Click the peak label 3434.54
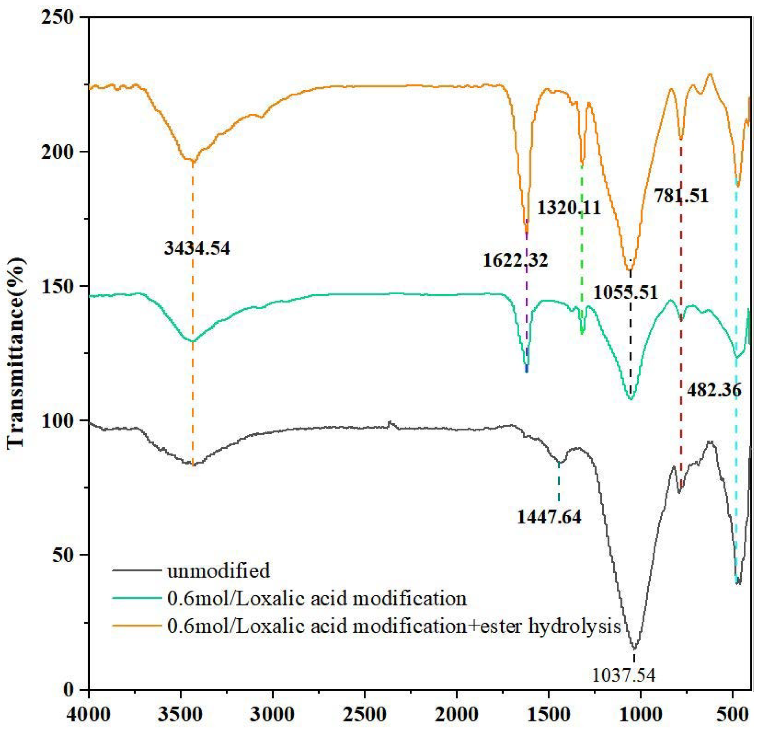click(x=197, y=248)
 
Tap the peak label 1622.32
click(x=515, y=260)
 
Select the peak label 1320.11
click(x=569, y=208)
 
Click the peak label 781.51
click(x=681, y=196)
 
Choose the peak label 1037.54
click(x=624, y=675)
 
